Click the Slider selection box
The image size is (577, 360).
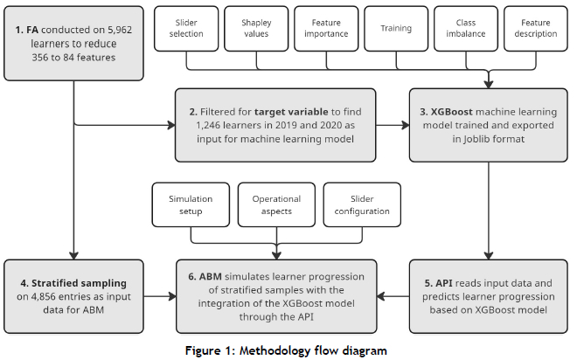(x=186, y=28)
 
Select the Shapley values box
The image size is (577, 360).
(x=256, y=28)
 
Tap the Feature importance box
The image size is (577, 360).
(x=326, y=28)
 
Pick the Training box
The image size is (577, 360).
(x=396, y=28)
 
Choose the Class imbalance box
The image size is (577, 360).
(x=466, y=28)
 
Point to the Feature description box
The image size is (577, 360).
(x=536, y=28)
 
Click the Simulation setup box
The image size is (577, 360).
(x=191, y=204)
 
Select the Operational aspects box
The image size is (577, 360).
(x=276, y=204)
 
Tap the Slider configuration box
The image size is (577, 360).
(x=362, y=204)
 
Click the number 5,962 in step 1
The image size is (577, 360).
(x=120, y=30)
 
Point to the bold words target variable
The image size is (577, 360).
(x=291, y=112)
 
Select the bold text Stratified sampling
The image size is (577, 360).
(x=79, y=283)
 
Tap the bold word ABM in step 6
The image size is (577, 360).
(x=211, y=276)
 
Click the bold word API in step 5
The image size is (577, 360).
(x=444, y=283)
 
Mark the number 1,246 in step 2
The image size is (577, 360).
(x=208, y=126)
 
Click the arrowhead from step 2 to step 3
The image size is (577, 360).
(x=406, y=126)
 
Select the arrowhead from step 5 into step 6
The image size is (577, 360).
(x=381, y=296)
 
